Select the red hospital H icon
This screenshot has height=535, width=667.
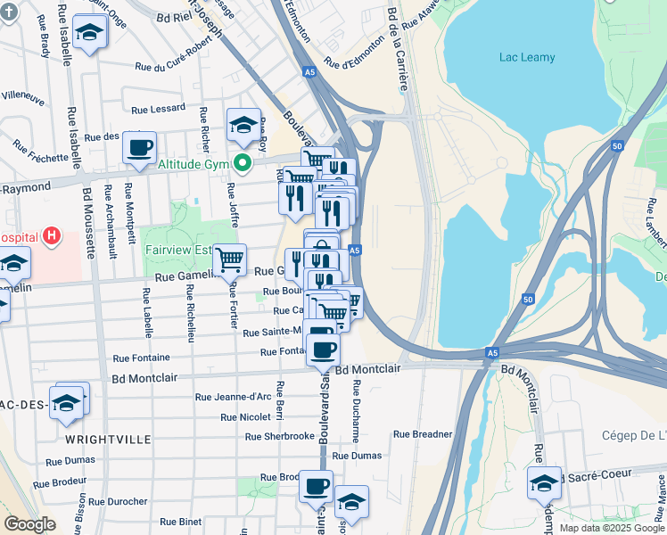point(53,237)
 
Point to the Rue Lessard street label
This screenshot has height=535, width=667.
point(158,108)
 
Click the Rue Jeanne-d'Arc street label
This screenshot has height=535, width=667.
point(233,397)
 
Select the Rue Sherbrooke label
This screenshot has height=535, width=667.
point(280,436)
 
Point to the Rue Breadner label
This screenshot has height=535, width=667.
point(424,434)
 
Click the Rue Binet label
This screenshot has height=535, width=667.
point(180,522)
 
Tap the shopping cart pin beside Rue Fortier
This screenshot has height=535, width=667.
point(230,259)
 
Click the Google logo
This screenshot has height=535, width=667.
point(30,524)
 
